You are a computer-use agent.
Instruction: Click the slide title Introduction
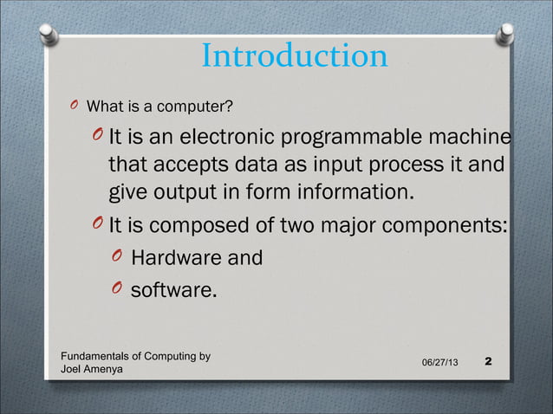pos(294,57)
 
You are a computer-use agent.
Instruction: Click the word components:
pos(448,227)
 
